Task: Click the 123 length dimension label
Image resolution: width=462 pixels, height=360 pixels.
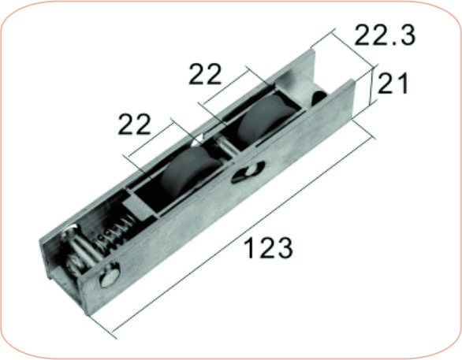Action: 267,247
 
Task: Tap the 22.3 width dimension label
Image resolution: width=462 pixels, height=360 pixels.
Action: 385,35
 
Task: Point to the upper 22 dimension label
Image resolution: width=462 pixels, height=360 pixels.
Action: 206,74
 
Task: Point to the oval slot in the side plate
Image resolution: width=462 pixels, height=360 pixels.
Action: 248,171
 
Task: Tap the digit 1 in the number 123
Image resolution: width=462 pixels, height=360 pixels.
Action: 247,248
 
